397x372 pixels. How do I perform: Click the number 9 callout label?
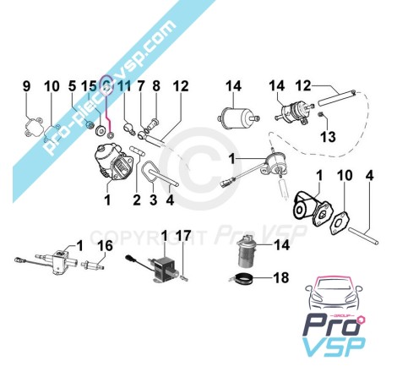pyautogui.click(x=26, y=86)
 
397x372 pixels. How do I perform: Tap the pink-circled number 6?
pyautogui.click(x=106, y=86)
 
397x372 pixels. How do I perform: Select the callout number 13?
pyautogui.click(x=328, y=137)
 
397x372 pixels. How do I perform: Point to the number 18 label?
pyautogui.click(x=281, y=277)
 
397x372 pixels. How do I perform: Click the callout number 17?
pyautogui.click(x=183, y=235)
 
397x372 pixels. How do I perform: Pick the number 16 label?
pyautogui.click(x=106, y=246)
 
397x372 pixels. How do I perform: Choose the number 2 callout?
pyautogui.click(x=137, y=200)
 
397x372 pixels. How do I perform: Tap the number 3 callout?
pyautogui.click(x=153, y=200)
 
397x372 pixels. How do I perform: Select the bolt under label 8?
pyautogui.click(x=154, y=124)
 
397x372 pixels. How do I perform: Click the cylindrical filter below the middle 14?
pyautogui.click(x=238, y=118)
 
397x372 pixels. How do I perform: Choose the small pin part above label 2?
pyautogui.click(x=137, y=150)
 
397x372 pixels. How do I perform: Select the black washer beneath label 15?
pyautogui.click(x=101, y=130)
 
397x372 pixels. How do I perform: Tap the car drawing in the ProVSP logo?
pyautogui.click(x=334, y=293)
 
